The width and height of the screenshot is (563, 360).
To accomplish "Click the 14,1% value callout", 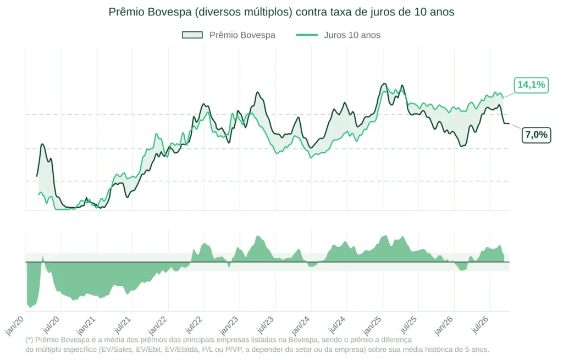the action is point(531,85).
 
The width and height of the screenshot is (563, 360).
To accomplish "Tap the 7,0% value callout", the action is point(536,135).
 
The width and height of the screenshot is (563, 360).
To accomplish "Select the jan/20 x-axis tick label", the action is point(15,325).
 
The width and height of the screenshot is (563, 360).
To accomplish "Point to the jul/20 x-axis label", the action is point(51,325).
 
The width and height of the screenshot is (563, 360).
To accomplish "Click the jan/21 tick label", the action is point(86,325).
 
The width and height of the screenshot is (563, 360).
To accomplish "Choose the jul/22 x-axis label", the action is point(194,325).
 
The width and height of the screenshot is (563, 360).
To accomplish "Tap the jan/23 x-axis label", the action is point(229,325).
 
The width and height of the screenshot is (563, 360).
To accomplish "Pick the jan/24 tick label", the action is point(301,325).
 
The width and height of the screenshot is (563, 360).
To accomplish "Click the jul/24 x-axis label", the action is point(338,325).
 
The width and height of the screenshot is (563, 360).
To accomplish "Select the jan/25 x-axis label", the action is point(372,325).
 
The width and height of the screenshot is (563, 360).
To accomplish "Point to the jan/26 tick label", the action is point(444,325).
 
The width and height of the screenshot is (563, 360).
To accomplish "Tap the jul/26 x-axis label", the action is point(481,325).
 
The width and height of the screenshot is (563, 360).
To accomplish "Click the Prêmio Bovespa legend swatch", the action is point(192,35).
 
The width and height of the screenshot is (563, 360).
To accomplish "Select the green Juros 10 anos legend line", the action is point(307,35).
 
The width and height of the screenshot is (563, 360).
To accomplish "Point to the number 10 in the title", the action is point(420,12).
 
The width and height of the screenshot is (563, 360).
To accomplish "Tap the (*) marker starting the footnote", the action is point(29,340).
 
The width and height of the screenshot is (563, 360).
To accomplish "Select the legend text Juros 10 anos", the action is point(352,35).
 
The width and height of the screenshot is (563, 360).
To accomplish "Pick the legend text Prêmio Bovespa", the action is point(242,35).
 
